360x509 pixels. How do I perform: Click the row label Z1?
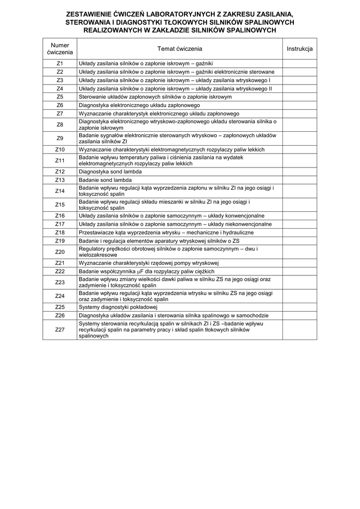(x=60, y=64)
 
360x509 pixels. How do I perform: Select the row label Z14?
(x=60, y=191)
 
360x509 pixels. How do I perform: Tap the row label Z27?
(x=60, y=330)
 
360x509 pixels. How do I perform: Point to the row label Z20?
(x=60, y=252)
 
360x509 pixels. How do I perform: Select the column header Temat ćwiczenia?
(x=180, y=49)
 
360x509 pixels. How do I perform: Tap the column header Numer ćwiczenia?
(x=60, y=49)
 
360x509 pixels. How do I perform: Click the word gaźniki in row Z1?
(x=204, y=64)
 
